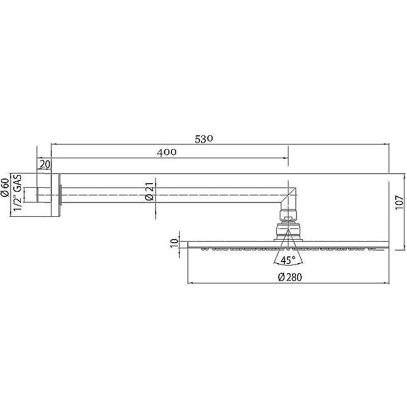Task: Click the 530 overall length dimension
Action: (x=204, y=139)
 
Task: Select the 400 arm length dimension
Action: (x=166, y=152)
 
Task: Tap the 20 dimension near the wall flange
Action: (x=45, y=164)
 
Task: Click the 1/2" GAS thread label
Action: (x=18, y=193)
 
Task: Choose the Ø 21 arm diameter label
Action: (x=150, y=192)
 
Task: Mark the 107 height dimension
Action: (x=399, y=203)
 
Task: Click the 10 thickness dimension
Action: (x=175, y=243)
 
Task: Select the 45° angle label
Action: (x=288, y=260)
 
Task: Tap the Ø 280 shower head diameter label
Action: (x=290, y=277)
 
